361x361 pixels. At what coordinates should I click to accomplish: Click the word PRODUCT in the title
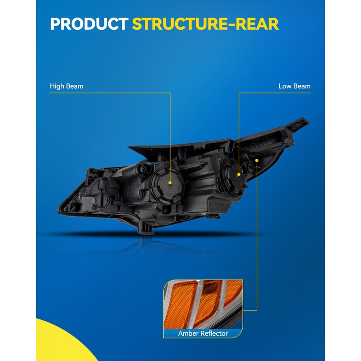(88, 24)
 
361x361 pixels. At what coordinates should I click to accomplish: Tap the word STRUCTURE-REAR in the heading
(205, 24)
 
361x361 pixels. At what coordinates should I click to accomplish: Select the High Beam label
(66, 86)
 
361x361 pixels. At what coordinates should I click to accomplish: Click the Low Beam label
(294, 86)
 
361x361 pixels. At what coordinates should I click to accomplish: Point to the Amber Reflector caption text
(203, 333)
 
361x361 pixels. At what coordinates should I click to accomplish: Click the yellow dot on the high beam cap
(170, 183)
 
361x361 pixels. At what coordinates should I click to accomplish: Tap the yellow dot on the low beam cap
(239, 174)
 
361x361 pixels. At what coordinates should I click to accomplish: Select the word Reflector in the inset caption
(213, 333)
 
